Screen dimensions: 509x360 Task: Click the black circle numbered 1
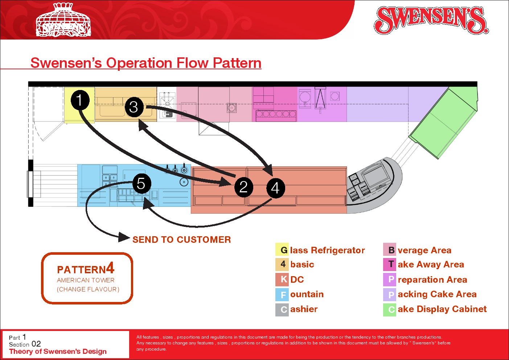click(80, 100)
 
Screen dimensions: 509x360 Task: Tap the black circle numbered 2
click(243, 187)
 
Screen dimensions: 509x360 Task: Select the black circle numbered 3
click(134, 107)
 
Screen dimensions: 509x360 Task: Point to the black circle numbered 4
click(276, 188)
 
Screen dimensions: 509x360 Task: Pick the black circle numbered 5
click(141, 184)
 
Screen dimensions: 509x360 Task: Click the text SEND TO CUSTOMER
click(181, 240)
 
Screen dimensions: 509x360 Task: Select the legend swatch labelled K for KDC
click(282, 279)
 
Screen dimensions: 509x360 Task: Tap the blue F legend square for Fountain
click(282, 295)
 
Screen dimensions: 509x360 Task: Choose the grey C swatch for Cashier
click(282, 310)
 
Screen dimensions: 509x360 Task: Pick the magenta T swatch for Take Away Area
click(390, 264)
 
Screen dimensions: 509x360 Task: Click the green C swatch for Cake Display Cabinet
click(390, 310)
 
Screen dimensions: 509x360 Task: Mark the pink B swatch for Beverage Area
click(390, 250)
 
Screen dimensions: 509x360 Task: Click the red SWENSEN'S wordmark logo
click(431, 20)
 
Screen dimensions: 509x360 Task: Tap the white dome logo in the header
click(63, 20)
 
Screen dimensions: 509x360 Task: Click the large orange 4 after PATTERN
click(110, 268)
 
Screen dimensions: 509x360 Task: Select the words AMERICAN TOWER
click(86, 280)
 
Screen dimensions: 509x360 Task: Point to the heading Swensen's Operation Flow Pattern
click(146, 63)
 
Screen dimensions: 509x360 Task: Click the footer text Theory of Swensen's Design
click(58, 351)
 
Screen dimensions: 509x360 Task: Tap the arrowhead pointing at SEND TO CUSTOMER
click(124, 237)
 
